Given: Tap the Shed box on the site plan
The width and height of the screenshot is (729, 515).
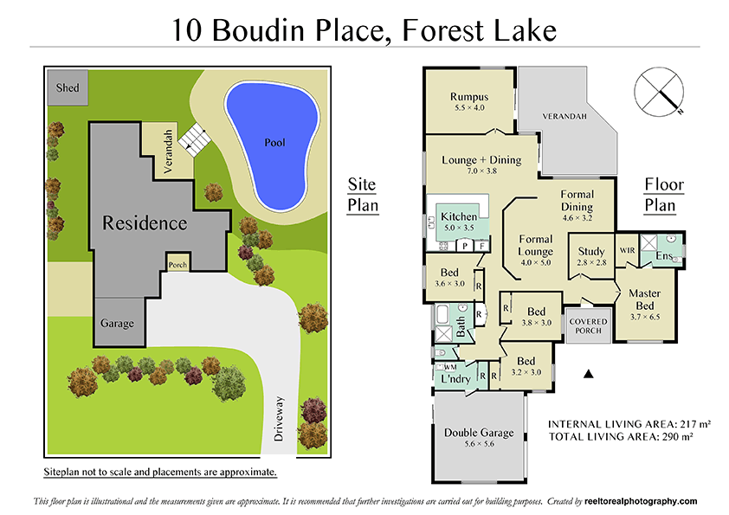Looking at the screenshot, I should pos(68,88).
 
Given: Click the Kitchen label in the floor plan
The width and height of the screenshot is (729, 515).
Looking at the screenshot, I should pos(459,216).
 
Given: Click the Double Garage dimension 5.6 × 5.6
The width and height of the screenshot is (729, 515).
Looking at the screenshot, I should pos(479,445).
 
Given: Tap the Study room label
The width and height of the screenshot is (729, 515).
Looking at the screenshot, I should pos(591,252).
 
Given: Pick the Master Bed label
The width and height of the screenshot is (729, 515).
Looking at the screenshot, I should pos(644,299).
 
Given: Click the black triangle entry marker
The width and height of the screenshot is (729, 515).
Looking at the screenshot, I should pos(589,374).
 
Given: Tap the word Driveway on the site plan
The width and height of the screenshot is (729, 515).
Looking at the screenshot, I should pos(279,419).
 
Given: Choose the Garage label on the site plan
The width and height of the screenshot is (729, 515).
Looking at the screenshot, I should pos(117,324).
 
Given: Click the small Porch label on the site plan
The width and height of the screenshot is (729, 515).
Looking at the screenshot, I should pos(177,265).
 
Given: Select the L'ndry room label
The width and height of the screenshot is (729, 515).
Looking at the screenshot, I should pos(455,380).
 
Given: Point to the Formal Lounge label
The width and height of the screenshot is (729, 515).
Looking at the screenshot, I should pos(535,245).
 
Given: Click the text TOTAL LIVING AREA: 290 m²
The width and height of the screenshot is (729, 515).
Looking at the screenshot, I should pos(629,438).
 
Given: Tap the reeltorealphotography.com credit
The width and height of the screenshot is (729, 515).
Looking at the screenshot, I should pos(639,501).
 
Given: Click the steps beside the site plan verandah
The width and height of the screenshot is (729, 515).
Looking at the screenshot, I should pos(194,138).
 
